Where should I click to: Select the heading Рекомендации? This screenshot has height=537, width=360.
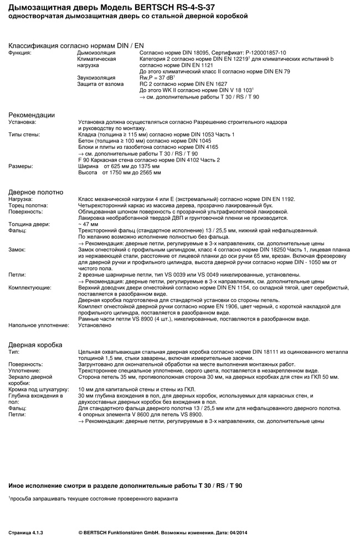[x=32, y=115]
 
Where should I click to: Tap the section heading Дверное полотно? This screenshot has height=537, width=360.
[x=36, y=192]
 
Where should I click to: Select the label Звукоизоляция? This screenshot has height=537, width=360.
[x=96, y=78]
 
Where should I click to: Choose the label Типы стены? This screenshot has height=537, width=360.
[x=24, y=135]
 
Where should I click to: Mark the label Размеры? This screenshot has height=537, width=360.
[x=20, y=166]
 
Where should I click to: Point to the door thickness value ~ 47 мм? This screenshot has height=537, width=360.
[x=88, y=224]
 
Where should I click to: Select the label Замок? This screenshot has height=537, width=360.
[x=17, y=250]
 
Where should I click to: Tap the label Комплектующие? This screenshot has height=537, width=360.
[x=30, y=288]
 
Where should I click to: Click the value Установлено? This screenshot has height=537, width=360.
[x=95, y=326]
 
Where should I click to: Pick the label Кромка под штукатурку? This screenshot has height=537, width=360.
[x=38, y=389]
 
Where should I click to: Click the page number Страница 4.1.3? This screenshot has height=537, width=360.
[x=25, y=532]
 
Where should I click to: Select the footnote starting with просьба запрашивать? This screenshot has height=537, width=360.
[x=94, y=499]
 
